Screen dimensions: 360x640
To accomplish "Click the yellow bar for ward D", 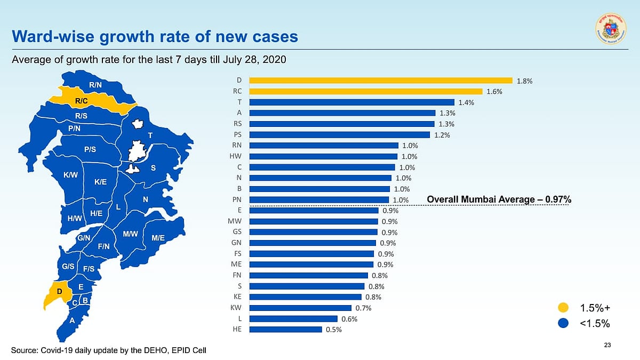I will [x=381, y=81].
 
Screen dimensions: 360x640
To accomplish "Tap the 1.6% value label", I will [x=494, y=92].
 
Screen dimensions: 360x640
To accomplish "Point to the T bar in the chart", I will [x=351, y=102].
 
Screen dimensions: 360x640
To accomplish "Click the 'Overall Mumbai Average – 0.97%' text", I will [x=499, y=199].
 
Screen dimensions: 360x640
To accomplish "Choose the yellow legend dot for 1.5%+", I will [x=563, y=307].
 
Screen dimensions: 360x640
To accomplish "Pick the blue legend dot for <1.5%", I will [x=563, y=323].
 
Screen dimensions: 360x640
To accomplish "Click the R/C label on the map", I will [x=82, y=100].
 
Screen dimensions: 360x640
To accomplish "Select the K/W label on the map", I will [x=70, y=175].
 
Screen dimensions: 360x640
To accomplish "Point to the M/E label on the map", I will [x=158, y=238].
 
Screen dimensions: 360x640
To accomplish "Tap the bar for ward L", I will [x=293, y=318].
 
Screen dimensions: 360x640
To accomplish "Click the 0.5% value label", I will [x=333, y=330].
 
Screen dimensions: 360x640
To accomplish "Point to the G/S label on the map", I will [x=68, y=266].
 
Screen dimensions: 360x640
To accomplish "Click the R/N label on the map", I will [x=96, y=85].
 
